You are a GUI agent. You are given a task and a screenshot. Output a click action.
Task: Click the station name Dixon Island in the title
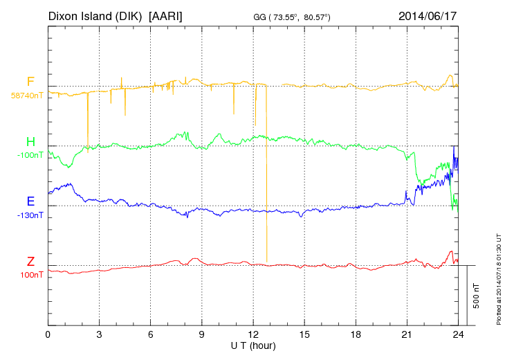click(x=81, y=15)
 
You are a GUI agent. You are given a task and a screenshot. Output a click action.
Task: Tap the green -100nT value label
click(x=30, y=155)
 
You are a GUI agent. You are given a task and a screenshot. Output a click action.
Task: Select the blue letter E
click(x=30, y=202)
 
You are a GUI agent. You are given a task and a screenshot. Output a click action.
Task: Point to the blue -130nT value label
click(x=30, y=215)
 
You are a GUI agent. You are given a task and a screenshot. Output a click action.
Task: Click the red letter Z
click(x=30, y=262)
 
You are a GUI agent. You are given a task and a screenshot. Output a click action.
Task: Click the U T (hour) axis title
click(x=253, y=345)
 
